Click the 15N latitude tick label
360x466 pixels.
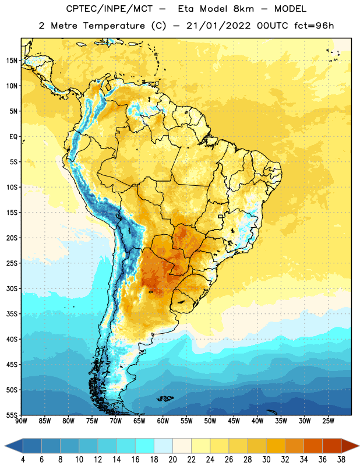pos(12,61)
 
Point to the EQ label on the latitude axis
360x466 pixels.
pos(13,137)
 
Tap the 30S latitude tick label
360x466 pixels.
pos(12,288)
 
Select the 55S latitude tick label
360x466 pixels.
pos(12,415)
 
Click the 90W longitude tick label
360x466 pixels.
pos(21,421)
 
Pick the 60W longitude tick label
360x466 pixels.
pos(163,421)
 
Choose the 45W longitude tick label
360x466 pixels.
pos(234,421)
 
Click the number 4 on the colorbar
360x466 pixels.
pos(23,460)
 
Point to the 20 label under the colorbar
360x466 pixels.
pos(172,460)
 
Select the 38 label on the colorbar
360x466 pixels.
pos(341,460)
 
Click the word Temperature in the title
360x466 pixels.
pos(114,26)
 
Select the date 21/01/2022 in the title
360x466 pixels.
pos(218,26)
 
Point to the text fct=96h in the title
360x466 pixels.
pos(314,26)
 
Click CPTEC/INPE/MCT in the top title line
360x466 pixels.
pos(109,9)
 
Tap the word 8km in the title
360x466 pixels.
pos(243,9)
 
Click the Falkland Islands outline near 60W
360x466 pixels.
pos(165,398)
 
